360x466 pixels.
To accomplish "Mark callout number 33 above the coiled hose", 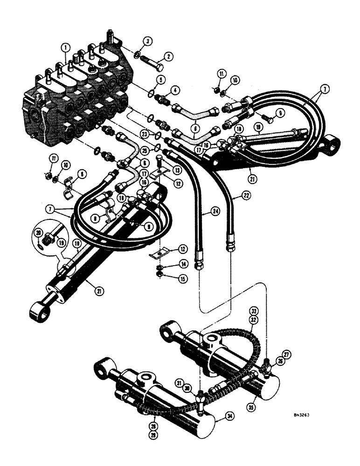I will click(254, 311).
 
